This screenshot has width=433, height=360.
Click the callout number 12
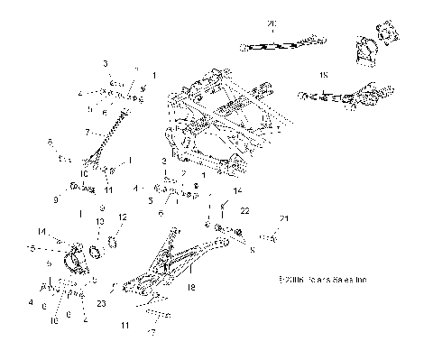124,217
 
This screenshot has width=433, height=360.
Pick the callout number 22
244,210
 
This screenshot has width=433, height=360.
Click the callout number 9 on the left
56,198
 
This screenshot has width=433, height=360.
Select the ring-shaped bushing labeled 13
95,249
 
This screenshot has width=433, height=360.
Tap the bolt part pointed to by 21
268,237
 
